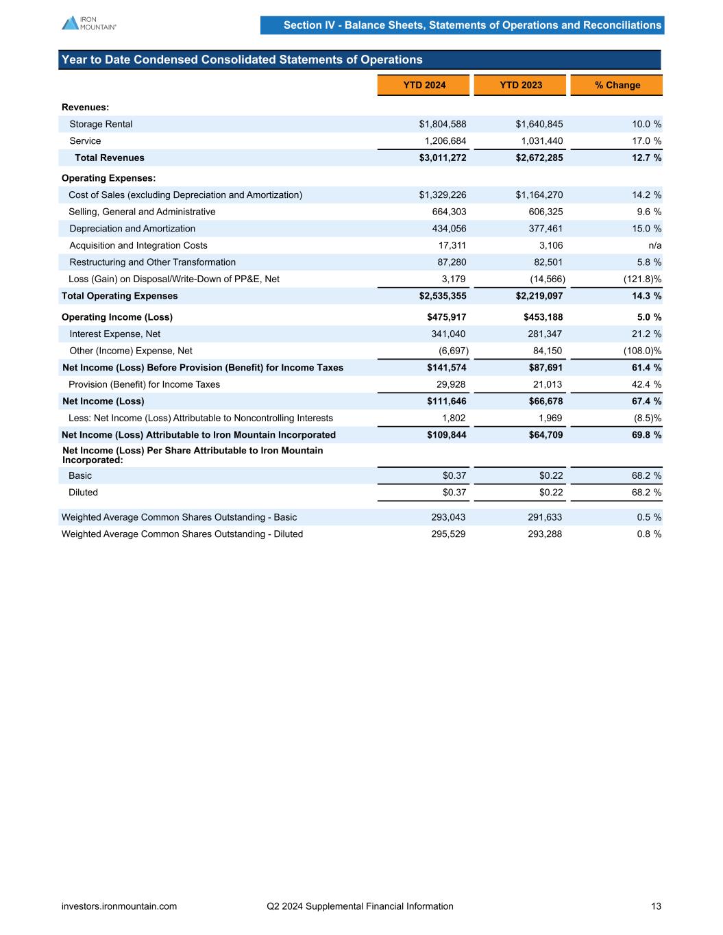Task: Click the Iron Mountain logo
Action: click(88, 23)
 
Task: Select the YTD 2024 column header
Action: click(424, 85)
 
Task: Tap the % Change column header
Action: click(617, 85)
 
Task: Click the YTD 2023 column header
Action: click(520, 85)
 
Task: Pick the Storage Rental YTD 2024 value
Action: click(443, 124)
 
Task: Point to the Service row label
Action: click(85, 141)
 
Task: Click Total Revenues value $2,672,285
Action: click(539, 158)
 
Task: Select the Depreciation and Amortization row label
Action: click(132, 229)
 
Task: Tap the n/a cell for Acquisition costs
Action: click(655, 245)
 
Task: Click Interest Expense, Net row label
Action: click(114, 334)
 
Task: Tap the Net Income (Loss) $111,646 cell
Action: click(446, 401)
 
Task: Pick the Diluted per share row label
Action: click(83, 493)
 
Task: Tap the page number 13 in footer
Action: click(656, 906)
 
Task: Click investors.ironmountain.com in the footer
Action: click(119, 906)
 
